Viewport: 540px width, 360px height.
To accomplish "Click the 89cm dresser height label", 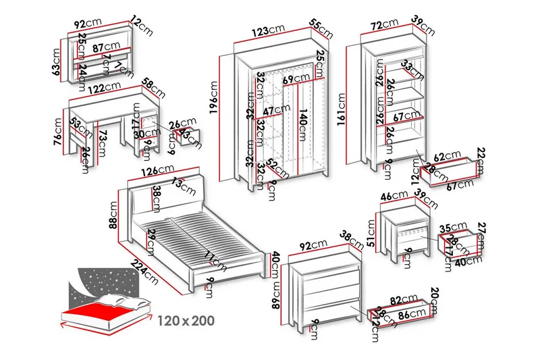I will coord(276,294).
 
